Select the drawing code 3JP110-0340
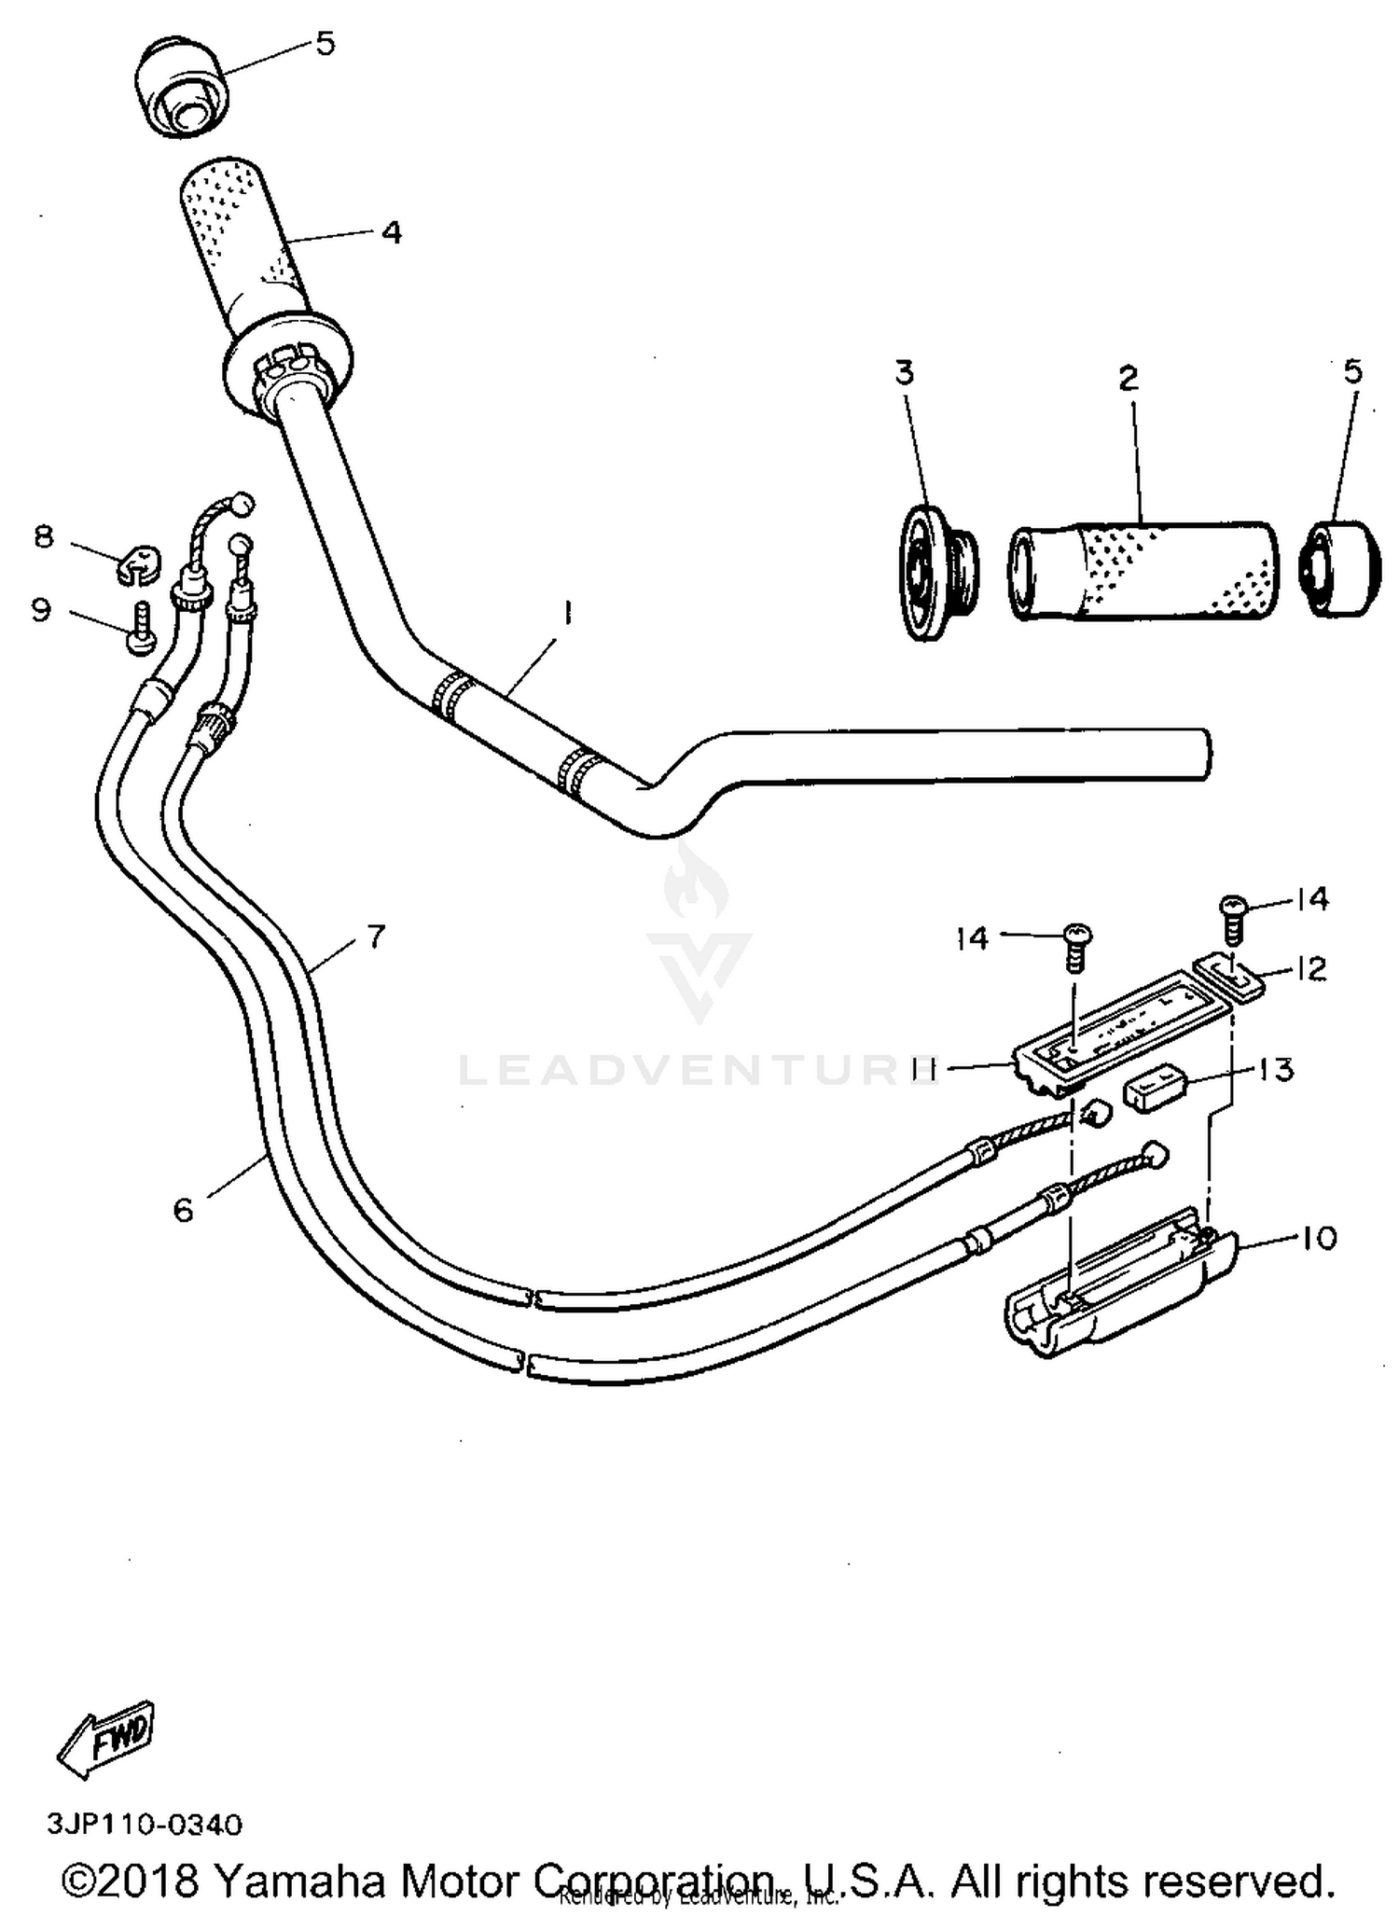click(145, 1824)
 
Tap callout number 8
click(44, 537)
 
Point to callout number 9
click(41, 610)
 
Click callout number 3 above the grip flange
click(904, 372)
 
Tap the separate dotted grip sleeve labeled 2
click(1142, 570)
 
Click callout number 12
click(1310, 969)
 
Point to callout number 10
click(1318, 1239)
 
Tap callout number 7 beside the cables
click(375, 936)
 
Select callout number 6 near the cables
click(183, 1211)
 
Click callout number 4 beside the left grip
click(392, 231)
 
